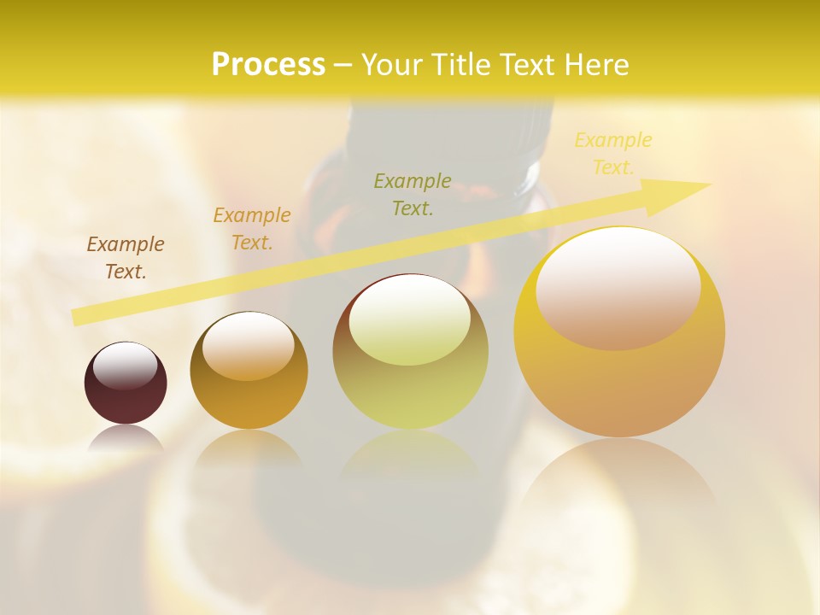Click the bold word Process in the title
coord(268,65)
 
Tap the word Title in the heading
coord(458,65)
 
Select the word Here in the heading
coord(595,65)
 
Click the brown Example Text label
coord(126,258)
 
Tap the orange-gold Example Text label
coord(252,229)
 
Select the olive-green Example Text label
coord(413,194)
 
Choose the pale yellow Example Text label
coord(613,154)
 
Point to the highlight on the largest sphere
coord(618,289)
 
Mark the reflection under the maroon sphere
coord(126,440)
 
